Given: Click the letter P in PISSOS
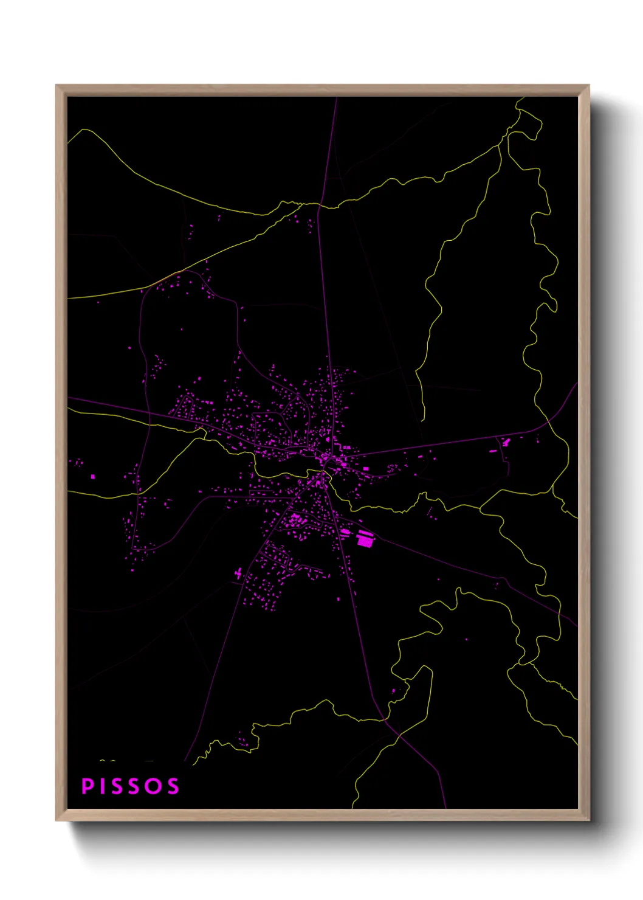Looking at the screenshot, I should click(87, 786).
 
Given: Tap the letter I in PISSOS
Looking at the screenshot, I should click(103, 786).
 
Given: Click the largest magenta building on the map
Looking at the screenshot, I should click(365, 539).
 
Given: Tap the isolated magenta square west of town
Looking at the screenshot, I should click(93, 477).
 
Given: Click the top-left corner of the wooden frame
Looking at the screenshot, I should click(57, 86).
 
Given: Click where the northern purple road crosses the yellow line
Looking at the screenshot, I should click(321, 206).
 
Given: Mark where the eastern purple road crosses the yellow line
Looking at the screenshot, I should click(546, 421).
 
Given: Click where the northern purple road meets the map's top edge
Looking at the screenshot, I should click(337, 98).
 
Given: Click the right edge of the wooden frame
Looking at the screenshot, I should click(584, 453).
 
